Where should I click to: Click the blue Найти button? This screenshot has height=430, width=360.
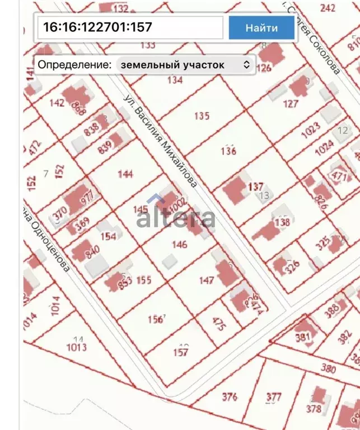pos(261,27)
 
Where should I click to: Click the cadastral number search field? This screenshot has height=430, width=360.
pos(130,27)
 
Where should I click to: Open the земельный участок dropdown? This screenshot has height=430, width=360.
pos(185,65)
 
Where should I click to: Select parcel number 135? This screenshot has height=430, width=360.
pos(202,116)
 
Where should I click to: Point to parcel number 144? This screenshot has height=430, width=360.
pos(125,174)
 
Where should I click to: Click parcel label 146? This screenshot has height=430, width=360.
pos(180,244)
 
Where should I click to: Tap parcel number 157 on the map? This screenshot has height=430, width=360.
pos(180,352)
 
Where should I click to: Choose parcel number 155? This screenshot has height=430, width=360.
pos(144,280)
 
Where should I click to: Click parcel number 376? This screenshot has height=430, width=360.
pos(230,397)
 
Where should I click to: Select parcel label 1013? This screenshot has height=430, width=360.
pos(77,347)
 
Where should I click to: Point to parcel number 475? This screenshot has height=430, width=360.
pos(218,324)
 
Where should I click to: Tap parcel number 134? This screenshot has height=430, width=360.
pos(175,80)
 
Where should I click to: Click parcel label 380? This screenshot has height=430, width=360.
pos(329,370)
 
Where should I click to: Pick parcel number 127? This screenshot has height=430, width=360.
pos(291,104)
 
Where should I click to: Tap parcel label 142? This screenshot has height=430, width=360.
pos(57,102)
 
